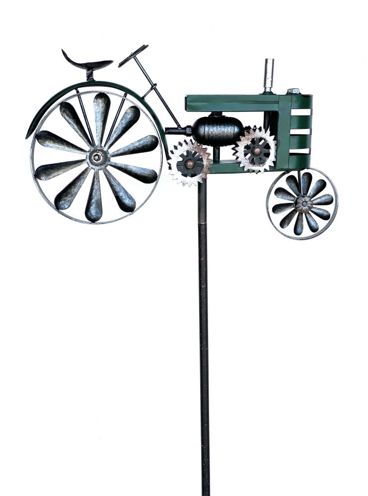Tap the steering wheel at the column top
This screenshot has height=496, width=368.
(x=133, y=55)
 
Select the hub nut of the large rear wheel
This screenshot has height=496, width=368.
(x=96, y=158)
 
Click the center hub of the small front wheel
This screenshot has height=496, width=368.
(x=303, y=203)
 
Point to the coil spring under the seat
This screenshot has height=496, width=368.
(x=89, y=75)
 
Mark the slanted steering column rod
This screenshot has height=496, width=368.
(x=159, y=92)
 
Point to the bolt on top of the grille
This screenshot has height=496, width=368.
(x=293, y=91)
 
